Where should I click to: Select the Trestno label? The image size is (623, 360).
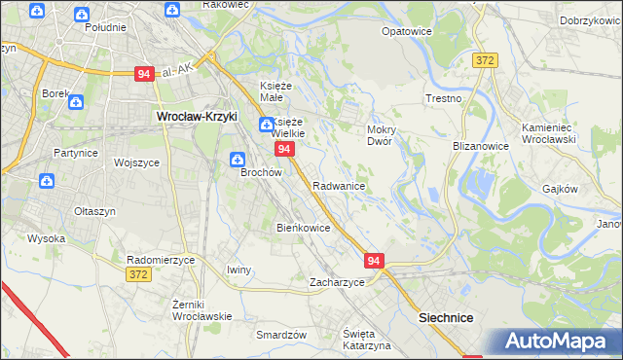pos(443,99)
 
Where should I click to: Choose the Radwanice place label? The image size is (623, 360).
pos(339,186)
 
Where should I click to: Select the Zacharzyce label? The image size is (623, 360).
pos(337,282)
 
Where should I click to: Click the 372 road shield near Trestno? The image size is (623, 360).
pos(485,60)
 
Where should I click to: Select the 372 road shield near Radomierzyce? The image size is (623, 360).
pos(139,276)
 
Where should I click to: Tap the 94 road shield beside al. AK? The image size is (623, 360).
pos(144,74)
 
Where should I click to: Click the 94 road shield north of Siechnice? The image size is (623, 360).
pos(376,260)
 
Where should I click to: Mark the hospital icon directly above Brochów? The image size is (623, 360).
pos(236,159)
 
